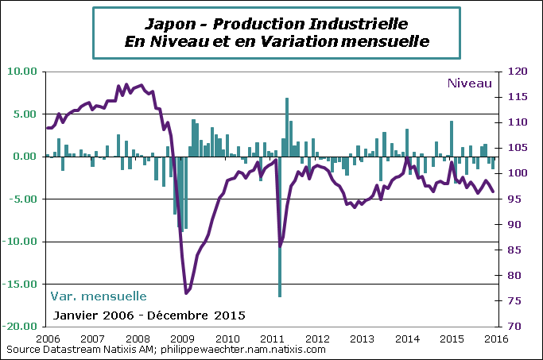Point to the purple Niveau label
click(470, 83)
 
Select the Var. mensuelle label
click(99, 296)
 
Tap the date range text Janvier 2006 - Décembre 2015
click(149, 315)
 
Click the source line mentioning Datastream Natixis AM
click(165, 349)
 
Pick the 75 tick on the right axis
click(514, 300)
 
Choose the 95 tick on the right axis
click(514, 199)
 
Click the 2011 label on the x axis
click(272, 339)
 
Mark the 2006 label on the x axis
click(47, 339)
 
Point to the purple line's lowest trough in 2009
click(186, 293)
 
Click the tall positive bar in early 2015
click(452, 139)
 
